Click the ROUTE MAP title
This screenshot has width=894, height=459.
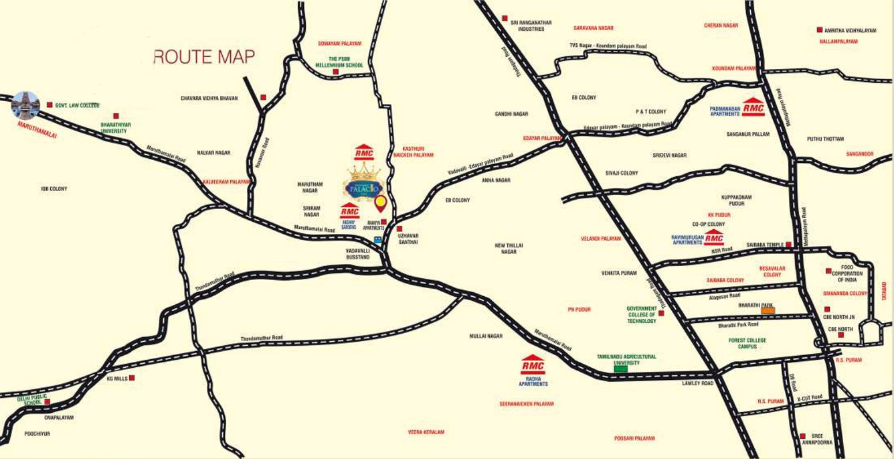(x=204, y=57)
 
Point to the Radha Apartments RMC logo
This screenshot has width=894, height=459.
(x=533, y=365)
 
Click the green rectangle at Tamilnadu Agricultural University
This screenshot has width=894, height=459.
(x=621, y=368)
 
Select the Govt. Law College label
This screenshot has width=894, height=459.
(x=77, y=106)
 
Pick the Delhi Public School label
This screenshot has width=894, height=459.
(x=33, y=400)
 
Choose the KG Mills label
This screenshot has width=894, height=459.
(x=116, y=379)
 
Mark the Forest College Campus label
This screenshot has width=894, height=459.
(x=747, y=343)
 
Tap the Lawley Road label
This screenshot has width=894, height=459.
(x=698, y=383)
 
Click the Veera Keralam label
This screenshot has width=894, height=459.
(x=426, y=432)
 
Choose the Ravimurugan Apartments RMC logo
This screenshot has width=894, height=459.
(x=714, y=238)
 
